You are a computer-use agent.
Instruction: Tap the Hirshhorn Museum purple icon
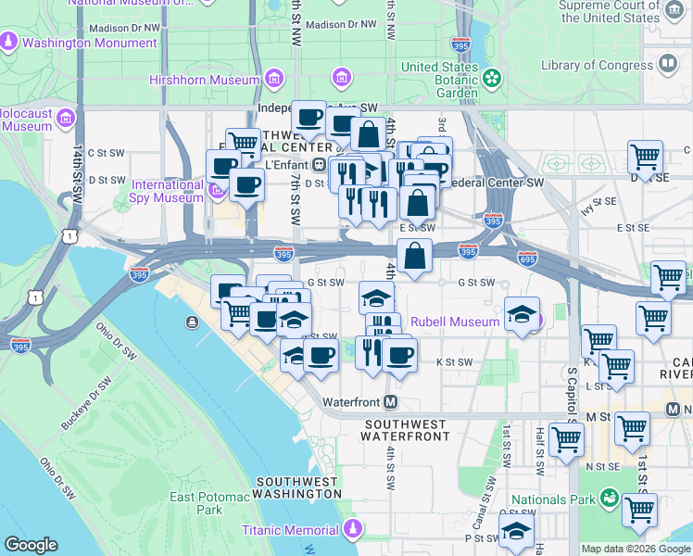(341, 76)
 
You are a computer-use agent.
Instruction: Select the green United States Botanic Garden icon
(492, 77)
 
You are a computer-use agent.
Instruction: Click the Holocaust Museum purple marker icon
(65, 119)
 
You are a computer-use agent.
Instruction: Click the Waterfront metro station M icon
(391, 402)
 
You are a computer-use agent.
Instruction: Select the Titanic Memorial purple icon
(351, 529)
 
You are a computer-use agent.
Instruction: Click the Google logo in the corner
(31, 545)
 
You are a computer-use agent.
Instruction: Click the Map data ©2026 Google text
(636, 549)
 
